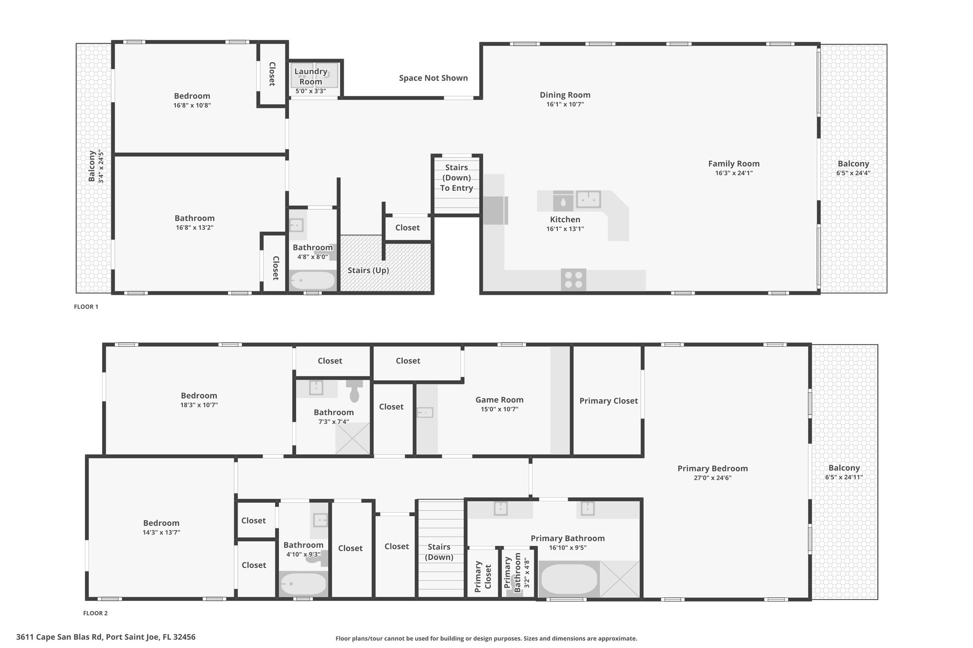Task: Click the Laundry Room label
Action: coord(311,76)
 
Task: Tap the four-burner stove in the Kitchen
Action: coord(573,280)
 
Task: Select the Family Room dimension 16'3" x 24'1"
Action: coord(734,173)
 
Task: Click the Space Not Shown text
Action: coord(433,78)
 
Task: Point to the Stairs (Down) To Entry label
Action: coord(457,178)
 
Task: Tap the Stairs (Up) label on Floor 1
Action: coord(368,271)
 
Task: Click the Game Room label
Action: coord(499,400)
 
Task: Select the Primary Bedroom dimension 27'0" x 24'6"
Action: coord(713,478)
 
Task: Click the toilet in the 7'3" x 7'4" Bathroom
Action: coord(354,391)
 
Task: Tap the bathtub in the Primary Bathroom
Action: coord(569,579)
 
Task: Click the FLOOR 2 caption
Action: coord(95,613)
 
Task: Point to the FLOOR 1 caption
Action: coord(86,307)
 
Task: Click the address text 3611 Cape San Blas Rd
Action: coord(59,637)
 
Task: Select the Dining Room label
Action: coord(565,95)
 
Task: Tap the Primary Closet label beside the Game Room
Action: coord(609,401)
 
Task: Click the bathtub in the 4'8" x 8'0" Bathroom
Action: coord(312,280)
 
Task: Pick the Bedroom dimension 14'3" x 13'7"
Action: coord(162,533)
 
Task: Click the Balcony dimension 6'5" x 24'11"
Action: coord(844,478)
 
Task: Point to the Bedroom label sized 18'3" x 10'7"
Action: coord(199,395)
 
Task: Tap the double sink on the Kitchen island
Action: coord(589,199)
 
